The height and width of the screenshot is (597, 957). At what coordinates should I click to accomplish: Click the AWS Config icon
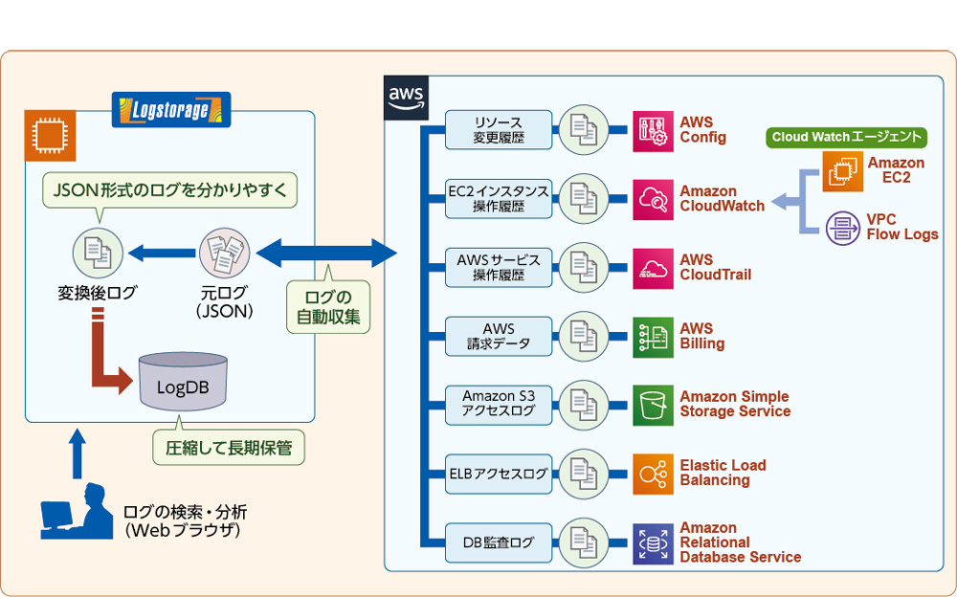653,130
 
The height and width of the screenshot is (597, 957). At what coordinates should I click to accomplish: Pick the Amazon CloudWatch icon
653,198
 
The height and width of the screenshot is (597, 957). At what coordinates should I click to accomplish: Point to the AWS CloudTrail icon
653,267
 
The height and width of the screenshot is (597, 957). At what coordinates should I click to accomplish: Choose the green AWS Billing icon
653,336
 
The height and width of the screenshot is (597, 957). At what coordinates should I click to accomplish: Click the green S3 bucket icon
653,405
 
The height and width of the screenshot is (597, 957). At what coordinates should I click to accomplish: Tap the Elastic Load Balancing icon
653,474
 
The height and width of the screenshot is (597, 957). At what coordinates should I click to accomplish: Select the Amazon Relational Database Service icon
653,542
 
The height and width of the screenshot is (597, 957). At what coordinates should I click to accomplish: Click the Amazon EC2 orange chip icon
841,172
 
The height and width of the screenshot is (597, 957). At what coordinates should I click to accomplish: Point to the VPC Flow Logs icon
841,227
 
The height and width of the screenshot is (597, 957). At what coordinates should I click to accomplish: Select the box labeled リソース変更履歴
499,130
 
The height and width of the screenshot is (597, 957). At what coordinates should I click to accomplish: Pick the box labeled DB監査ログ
499,542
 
